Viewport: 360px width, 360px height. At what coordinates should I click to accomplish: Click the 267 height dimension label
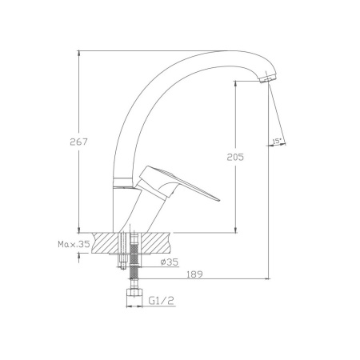coord(78,142)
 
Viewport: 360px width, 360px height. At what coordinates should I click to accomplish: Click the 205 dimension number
coord(235,157)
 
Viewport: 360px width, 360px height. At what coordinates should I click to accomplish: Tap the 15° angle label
coord(277,141)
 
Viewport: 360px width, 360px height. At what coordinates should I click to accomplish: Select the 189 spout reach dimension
coord(194,274)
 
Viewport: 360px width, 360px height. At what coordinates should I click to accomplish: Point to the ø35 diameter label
coord(170,262)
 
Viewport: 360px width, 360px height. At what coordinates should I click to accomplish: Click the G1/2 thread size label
coord(162,301)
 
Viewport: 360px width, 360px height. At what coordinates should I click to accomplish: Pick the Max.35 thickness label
coord(74,244)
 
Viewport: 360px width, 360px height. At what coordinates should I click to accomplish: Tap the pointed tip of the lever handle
coord(218,200)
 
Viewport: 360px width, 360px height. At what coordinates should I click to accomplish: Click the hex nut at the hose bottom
coord(134,292)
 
